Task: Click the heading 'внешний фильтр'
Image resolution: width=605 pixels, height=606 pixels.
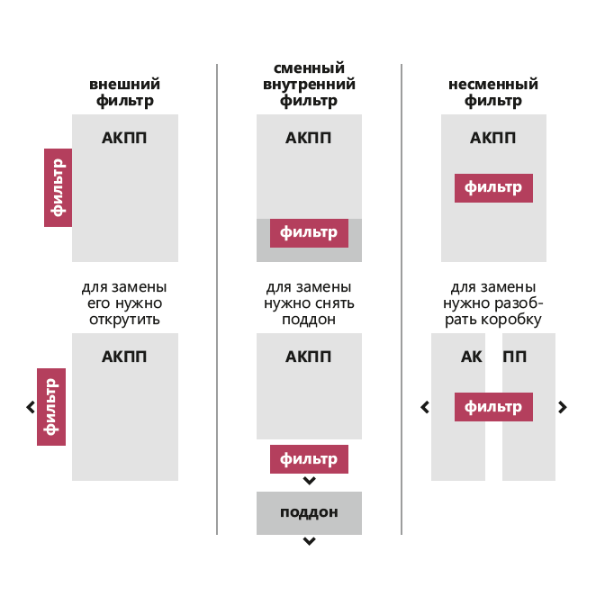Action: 125,93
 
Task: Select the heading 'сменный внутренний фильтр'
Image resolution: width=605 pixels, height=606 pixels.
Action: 309,85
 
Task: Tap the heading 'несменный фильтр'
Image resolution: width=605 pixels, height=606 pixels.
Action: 493,93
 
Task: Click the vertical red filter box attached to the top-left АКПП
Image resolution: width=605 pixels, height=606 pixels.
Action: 58,187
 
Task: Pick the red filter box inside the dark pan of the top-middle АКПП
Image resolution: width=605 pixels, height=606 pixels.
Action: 309,233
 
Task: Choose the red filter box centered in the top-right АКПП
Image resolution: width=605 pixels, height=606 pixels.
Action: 493,188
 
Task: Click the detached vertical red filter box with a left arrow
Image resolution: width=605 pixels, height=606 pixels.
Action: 51,407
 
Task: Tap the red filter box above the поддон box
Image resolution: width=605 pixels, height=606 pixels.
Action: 309,459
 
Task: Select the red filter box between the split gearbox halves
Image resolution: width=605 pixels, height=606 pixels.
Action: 493,407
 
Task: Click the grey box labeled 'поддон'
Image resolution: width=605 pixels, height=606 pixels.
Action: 309,513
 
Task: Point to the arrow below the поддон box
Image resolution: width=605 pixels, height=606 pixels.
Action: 309,541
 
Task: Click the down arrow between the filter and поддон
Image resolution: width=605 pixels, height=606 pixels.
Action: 309,481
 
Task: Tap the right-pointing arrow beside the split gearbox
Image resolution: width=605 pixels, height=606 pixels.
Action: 563,407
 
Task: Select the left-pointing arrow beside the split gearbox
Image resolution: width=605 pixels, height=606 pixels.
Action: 425,407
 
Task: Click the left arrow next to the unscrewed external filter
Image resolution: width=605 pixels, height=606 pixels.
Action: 31,407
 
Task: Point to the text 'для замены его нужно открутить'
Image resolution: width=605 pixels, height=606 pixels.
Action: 124,303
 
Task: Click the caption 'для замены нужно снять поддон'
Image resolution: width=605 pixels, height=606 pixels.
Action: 309,303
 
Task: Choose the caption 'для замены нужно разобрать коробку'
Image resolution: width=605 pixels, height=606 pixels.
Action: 493,303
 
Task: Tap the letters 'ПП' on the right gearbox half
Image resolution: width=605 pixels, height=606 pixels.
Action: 515,357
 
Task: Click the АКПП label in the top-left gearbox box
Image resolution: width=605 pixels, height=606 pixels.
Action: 124,138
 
